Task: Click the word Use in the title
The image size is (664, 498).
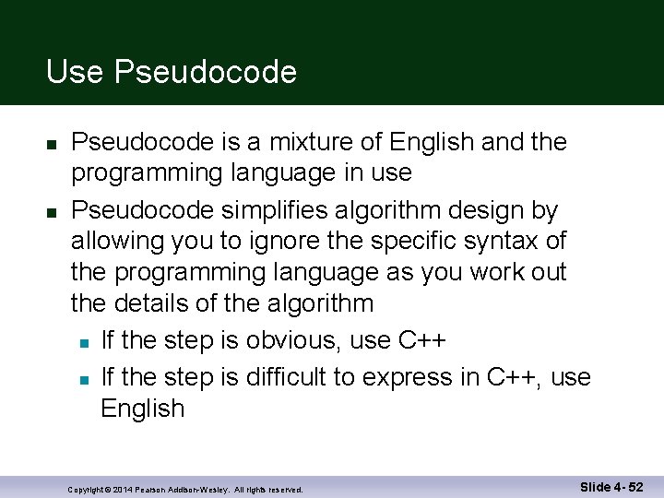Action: coord(75,72)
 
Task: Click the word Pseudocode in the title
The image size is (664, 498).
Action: coord(206,72)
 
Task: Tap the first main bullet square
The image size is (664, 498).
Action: coord(52,146)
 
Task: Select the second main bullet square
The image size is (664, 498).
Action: coord(52,213)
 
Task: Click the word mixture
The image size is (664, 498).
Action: coord(315,142)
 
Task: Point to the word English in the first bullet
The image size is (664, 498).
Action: coord(433,142)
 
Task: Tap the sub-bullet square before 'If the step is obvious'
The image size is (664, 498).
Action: coord(83,344)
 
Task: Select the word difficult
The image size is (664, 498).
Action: coord(298,376)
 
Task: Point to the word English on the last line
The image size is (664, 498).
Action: coord(142,409)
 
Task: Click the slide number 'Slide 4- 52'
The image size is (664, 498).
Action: coord(611,486)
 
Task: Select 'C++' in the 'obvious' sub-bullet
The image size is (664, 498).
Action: coord(422,340)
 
